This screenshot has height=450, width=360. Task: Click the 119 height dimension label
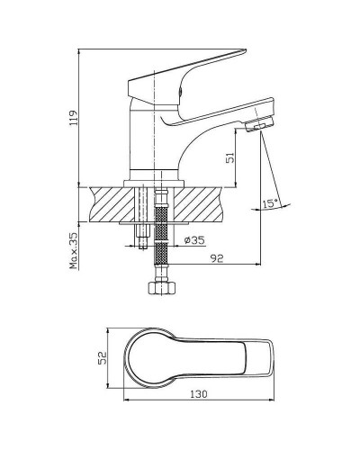coord(74,118)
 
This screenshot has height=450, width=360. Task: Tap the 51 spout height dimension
coord(230,157)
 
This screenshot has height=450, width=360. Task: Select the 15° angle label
coord(270,203)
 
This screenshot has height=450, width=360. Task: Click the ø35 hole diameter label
coord(194,240)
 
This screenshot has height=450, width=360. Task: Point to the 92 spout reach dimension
coord(217,258)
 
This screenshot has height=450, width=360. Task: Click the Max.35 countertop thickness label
coord(74,250)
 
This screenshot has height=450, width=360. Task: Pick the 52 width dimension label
coord(103,358)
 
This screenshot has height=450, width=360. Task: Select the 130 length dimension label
coord(199,393)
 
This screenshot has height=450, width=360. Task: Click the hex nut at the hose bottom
coord(161,288)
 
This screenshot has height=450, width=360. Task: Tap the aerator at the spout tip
coord(260,124)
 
